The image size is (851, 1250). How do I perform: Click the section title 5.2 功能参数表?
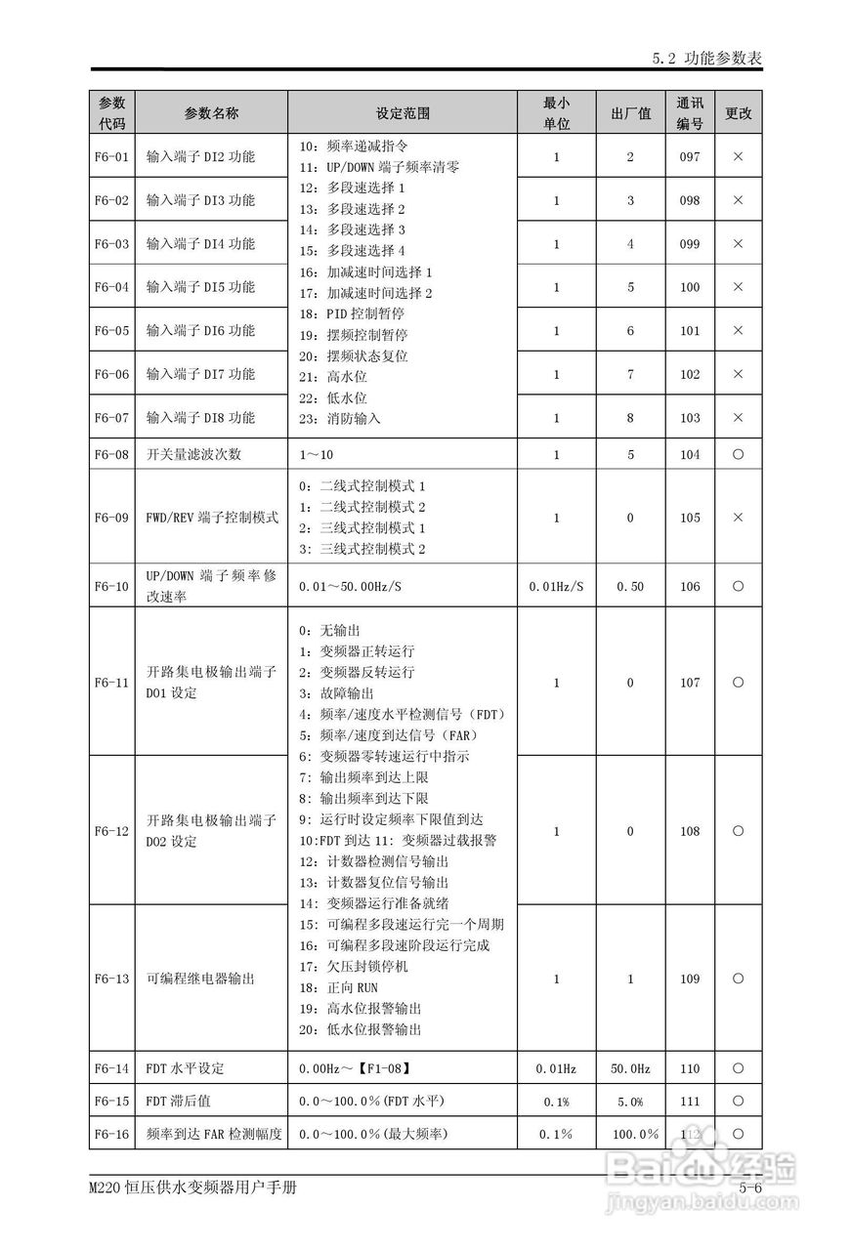pyautogui.click(x=706, y=59)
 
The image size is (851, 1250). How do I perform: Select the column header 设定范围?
pyautogui.click(x=403, y=113)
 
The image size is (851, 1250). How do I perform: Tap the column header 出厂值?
pyautogui.click(x=630, y=113)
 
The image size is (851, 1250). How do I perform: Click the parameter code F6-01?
pyautogui.click(x=111, y=156)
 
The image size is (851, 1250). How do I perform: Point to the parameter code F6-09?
pyautogui.click(x=111, y=518)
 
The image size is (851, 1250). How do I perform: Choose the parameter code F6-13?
pyautogui.click(x=111, y=979)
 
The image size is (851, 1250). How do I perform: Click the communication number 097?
pyautogui.click(x=690, y=156)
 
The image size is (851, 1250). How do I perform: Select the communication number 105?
pyautogui.click(x=690, y=518)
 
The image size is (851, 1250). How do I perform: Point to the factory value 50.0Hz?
pyautogui.click(x=630, y=1068)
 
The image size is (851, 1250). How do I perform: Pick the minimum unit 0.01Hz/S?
pyautogui.click(x=556, y=586)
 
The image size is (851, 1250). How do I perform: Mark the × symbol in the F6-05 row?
pyautogui.click(x=738, y=331)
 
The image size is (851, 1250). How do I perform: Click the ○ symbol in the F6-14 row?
pyautogui.click(x=738, y=1068)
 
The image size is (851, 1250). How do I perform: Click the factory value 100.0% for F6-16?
pyautogui.click(x=635, y=1133)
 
